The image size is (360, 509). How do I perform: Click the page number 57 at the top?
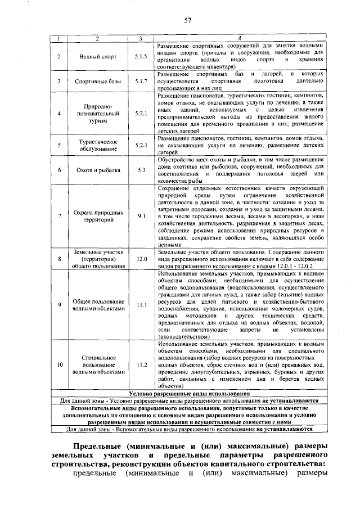click(188, 21)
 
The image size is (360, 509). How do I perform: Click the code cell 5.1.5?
click(141, 57)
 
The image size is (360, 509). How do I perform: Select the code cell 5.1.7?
click(141, 81)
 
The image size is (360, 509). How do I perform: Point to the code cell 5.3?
click(141, 170)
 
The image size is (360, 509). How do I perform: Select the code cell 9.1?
click(141, 216)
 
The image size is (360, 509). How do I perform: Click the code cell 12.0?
click(141, 259)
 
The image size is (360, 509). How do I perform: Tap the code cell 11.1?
click(141, 305)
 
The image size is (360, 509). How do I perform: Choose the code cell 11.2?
click(141, 364)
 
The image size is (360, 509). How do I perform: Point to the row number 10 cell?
click(59, 364)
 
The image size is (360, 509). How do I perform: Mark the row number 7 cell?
click(59, 216)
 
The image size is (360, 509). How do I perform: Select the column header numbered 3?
click(141, 38)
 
